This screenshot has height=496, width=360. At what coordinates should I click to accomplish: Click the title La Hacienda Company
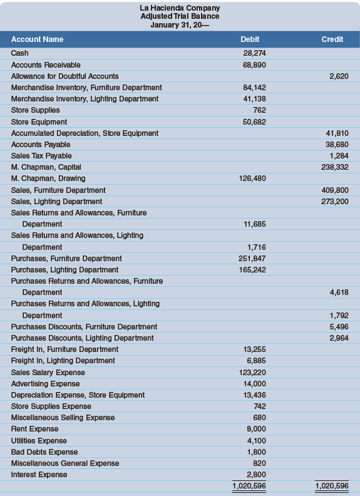click(180, 8)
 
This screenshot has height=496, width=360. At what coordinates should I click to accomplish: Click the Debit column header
click(250, 39)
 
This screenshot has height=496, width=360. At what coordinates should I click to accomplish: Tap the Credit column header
click(332, 39)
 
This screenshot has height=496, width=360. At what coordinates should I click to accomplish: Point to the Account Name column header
click(38, 39)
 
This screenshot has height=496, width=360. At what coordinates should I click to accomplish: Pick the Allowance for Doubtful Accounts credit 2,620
click(339, 76)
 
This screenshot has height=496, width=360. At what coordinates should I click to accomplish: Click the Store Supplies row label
click(36, 110)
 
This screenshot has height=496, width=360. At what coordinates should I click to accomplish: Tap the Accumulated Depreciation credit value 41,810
click(337, 133)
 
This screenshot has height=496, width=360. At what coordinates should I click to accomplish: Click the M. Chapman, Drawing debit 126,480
click(251, 178)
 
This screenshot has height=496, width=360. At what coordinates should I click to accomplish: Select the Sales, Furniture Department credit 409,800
click(335, 190)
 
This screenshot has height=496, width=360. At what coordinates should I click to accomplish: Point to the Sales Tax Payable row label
click(41, 156)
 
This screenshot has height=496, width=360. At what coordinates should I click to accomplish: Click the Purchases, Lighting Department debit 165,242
click(251, 270)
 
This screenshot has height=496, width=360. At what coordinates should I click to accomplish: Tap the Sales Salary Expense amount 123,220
click(251, 373)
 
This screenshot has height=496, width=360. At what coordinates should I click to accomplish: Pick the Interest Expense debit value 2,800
click(255, 475)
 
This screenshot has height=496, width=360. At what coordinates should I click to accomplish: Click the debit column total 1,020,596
click(249, 486)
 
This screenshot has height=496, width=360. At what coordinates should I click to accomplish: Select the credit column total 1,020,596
click(330, 486)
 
